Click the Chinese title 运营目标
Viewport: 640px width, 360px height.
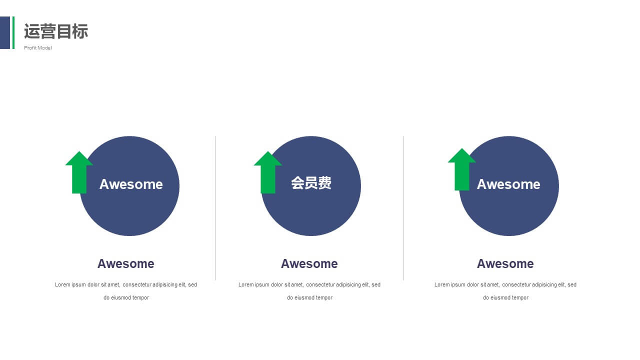click(x=56, y=31)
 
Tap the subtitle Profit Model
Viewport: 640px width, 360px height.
click(x=37, y=47)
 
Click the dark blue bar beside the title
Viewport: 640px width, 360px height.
click(x=5, y=32)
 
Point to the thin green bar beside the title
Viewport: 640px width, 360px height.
click(x=13, y=32)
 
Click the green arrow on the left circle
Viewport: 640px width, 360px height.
click(x=79, y=172)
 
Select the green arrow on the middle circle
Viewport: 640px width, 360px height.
click(x=268, y=172)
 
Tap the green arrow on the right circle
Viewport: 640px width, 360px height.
click(x=461, y=169)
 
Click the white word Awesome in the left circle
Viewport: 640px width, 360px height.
click(x=131, y=184)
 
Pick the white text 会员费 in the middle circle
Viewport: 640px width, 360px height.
click(x=311, y=183)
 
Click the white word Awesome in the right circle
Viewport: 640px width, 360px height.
click(x=508, y=184)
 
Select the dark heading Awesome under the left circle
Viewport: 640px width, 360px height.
click(x=125, y=263)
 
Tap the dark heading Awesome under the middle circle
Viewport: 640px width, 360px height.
click(x=309, y=263)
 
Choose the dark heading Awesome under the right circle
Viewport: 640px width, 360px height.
click(x=505, y=263)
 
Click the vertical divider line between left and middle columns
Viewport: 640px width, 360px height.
click(x=215, y=208)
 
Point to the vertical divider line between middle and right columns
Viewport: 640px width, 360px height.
click(x=403, y=208)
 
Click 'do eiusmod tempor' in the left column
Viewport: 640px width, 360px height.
click(x=126, y=297)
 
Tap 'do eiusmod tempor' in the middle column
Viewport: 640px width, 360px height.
click(x=309, y=297)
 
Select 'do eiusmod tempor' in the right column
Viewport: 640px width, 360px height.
click(x=505, y=297)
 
